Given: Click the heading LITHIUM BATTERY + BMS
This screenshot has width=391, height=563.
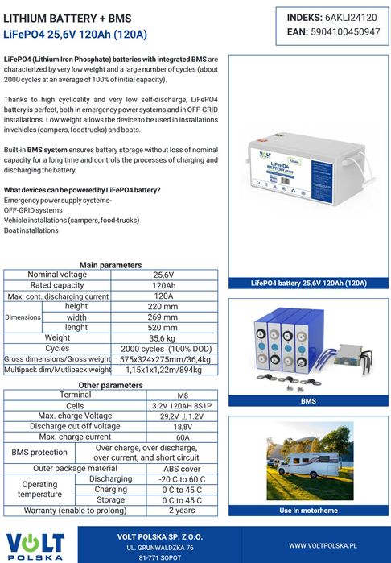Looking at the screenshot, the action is (68, 18).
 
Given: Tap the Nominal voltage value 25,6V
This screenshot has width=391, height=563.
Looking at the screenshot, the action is (164, 275).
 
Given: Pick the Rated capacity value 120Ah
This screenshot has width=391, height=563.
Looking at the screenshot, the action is (164, 285).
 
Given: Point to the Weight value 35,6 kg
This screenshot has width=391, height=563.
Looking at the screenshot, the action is (164, 338).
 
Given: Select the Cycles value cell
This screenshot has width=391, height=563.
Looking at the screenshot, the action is (164, 349).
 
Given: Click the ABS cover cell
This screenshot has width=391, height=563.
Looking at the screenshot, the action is (182, 468).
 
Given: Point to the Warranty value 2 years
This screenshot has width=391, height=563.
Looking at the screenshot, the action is (182, 511).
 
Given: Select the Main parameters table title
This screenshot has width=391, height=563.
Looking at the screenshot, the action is (111, 265).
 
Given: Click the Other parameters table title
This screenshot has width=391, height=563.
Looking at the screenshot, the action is (111, 385).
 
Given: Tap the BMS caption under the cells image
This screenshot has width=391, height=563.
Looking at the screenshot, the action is (308, 400).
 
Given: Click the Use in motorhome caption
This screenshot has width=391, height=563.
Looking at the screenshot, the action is (308, 511).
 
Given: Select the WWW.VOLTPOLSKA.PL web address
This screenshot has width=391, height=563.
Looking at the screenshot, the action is (323, 545).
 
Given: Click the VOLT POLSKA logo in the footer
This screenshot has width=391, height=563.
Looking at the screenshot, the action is (36, 544).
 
